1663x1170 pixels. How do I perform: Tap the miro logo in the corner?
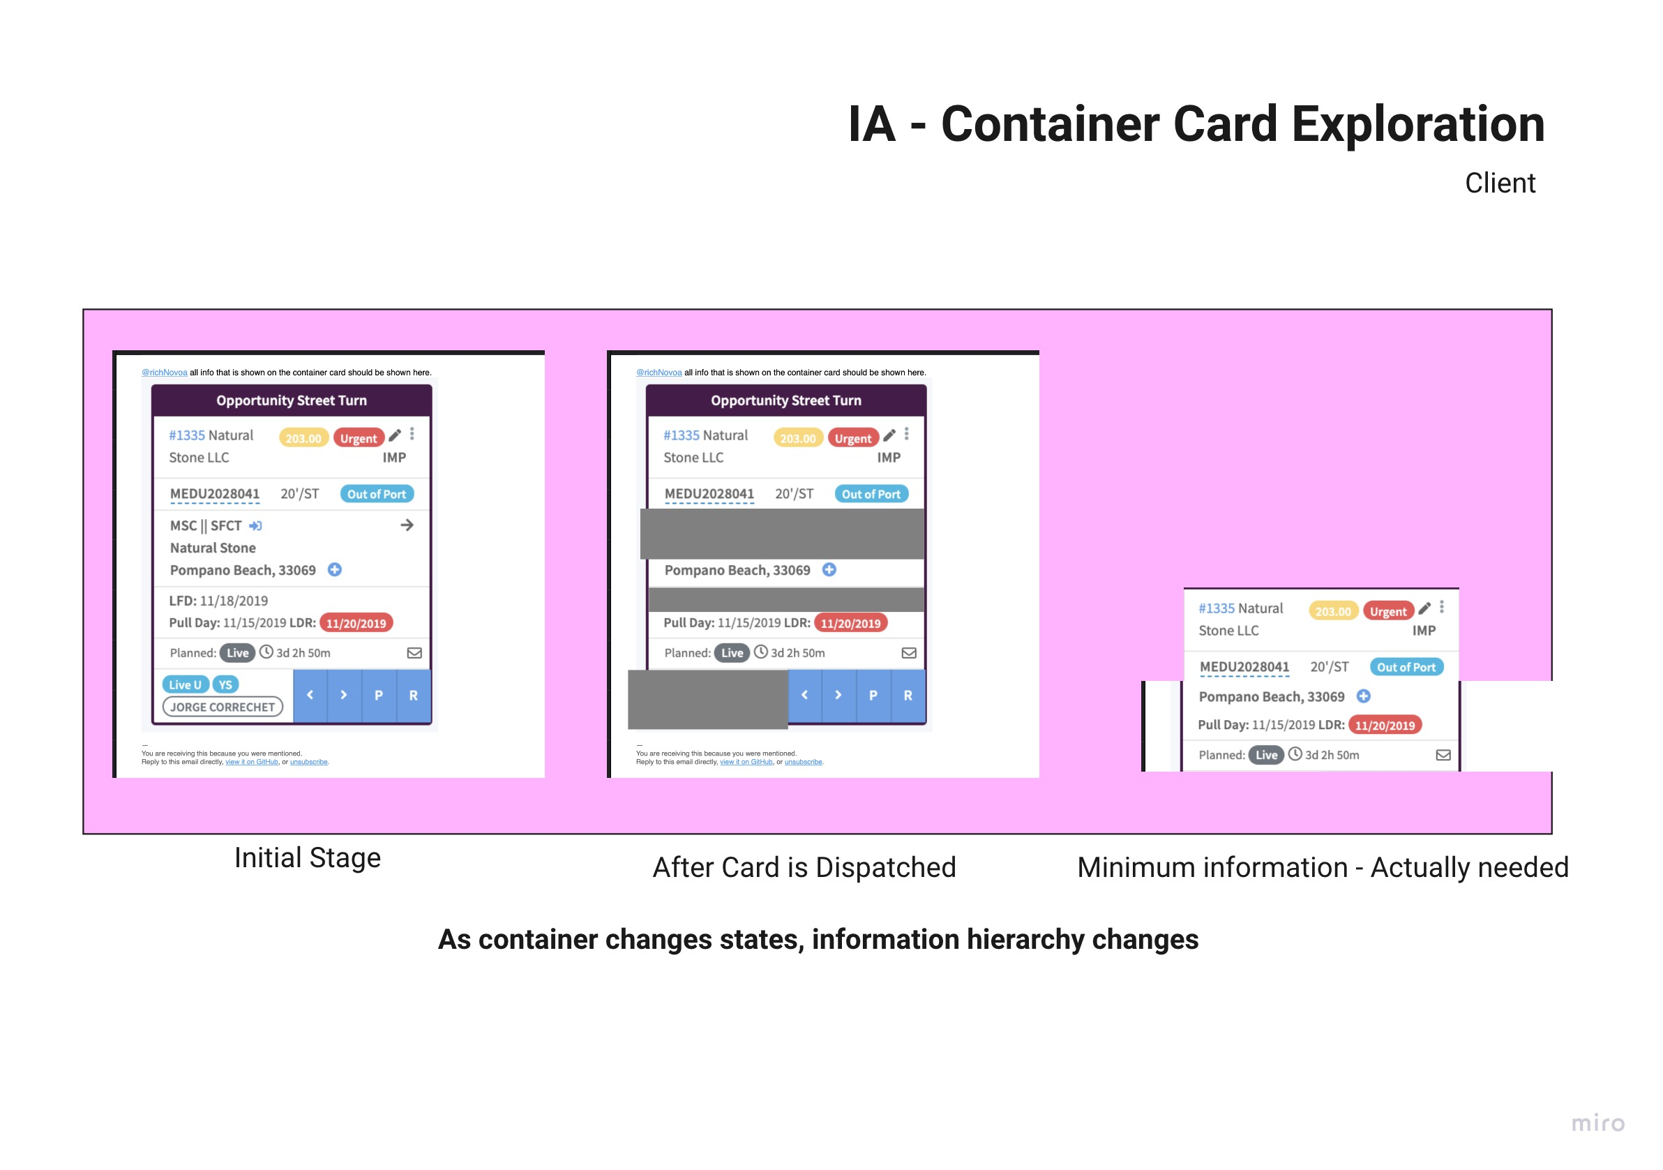pos(1597,1123)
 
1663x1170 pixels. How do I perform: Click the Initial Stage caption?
pos(307,857)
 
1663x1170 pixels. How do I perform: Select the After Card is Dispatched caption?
pos(804,867)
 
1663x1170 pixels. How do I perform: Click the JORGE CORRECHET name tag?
pos(223,707)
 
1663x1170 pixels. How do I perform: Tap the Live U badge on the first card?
pos(185,684)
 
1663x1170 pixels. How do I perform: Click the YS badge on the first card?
pos(225,684)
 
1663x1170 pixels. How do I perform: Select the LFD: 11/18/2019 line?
pos(218,601)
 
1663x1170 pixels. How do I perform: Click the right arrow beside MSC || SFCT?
pos(407,525)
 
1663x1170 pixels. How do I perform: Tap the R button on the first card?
pos(413,696)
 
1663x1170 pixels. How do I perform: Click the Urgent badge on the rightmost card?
pos(1387,611)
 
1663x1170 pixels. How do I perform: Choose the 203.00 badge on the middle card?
pos(797,438)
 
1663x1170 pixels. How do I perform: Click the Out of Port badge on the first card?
pos(377,494)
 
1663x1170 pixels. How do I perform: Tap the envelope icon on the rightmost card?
pos(1443,755)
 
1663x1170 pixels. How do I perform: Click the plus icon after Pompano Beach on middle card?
pos(829,570)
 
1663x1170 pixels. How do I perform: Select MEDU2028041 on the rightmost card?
pos(1244,667)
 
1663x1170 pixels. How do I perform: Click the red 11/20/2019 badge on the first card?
pos(356,623)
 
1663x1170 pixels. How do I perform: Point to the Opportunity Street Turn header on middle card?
pos(786,400)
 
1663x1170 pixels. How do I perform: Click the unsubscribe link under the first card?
pos(308,762)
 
